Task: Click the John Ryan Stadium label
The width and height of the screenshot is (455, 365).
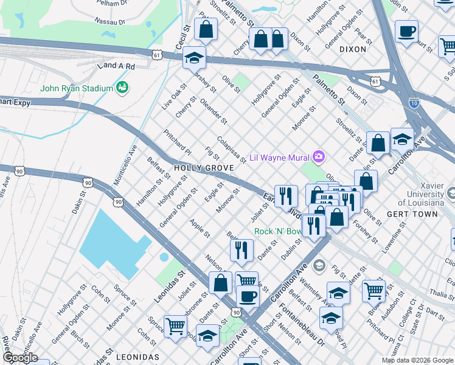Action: [x=77, y=88]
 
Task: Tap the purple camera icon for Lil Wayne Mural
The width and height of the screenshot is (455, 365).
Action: [x=318, y=158]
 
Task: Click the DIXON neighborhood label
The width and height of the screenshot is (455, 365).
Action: [x=353, y=49]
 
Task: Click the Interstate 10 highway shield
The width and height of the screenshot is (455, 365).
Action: [x=414, y=103]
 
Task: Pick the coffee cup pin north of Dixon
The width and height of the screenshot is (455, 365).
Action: [x=406, y=31]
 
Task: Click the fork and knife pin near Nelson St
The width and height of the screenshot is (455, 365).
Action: [x=241, y=250]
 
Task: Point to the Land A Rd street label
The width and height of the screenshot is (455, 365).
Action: [x=119, y=66]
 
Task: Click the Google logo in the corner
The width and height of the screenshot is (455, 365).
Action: [x=19, y=358]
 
